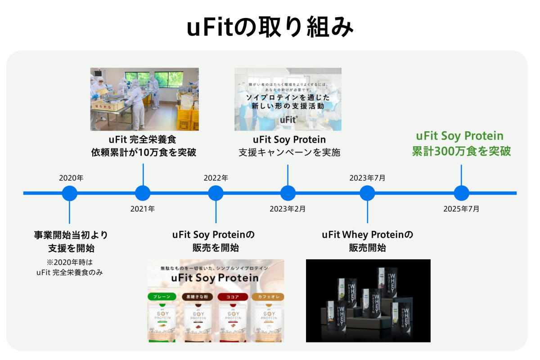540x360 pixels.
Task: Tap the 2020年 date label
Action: click(71, 178)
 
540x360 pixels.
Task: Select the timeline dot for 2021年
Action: click(143, 193)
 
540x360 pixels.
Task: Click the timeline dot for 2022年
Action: click(216, 193)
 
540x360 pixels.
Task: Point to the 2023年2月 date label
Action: click(288, 209)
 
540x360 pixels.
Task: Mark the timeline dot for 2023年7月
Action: click(367, 193)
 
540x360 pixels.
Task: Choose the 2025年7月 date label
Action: click(461, 209)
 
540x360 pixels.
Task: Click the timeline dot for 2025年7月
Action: click(461, 193)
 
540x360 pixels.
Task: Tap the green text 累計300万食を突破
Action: click(461, 151)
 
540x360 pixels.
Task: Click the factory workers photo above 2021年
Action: click(144, 99)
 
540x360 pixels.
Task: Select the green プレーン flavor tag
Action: click(162, 297)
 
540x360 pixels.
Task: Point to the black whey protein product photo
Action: click(368, 301)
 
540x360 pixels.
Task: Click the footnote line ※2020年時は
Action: click(69, 262)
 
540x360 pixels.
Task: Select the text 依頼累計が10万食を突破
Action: click(144, 152)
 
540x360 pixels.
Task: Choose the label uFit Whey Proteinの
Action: click(368, 234)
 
